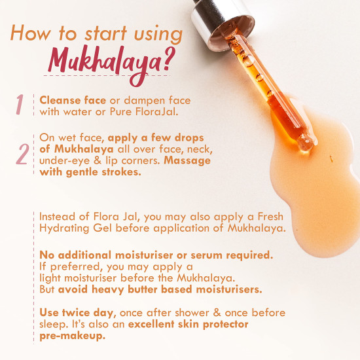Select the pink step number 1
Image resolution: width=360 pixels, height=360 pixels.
tap(20, 104)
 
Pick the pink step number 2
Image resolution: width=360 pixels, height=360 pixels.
tap(22, 154)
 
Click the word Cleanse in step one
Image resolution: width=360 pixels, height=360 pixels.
tap(60, 100)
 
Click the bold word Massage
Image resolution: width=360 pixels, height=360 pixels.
tap(187, 161)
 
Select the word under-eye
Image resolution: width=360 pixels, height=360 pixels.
tap(65, 161)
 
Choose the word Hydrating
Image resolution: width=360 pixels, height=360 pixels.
tap(64, 228)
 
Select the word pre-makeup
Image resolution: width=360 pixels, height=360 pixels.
tap(72, 336)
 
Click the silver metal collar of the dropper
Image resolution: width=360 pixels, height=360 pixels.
tap(221, 23)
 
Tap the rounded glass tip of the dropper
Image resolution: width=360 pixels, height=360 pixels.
tap(306, 143)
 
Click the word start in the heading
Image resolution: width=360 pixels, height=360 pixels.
tap(105, 34)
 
